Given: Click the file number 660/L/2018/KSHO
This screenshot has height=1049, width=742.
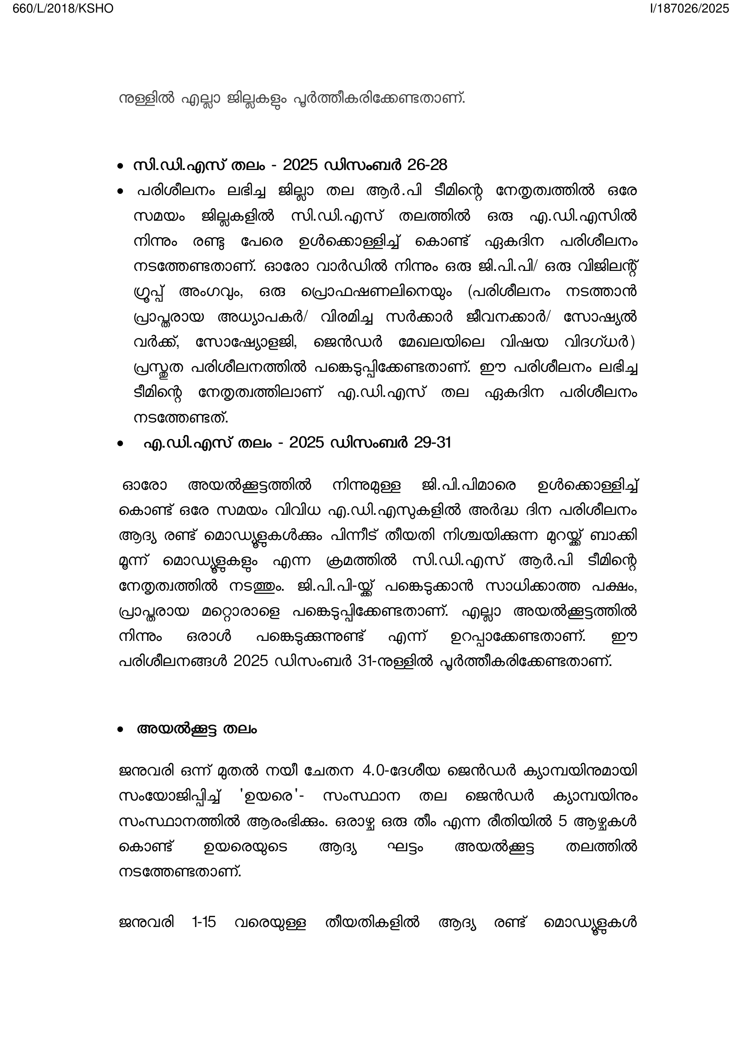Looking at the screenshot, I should click(63, 9).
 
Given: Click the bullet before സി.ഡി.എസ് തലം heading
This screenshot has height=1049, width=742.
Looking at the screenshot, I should click(120, 166).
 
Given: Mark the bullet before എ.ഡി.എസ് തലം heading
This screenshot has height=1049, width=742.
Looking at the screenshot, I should click(120, 444).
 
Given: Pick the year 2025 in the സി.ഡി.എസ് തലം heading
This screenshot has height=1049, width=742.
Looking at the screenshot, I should click(300, 165).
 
